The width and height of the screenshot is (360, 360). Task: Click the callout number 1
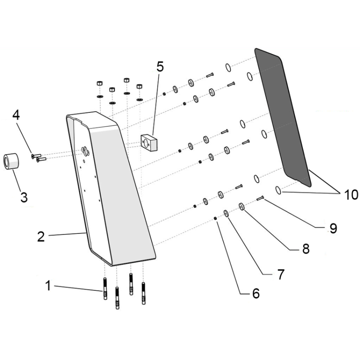point(48,286)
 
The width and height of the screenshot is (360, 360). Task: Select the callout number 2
point(41,237)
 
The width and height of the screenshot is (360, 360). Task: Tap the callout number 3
point(24,197)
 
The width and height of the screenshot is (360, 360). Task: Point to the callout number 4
point(16,115)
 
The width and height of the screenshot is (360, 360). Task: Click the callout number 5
point(160,67)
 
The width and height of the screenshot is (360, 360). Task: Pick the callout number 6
point(256,293)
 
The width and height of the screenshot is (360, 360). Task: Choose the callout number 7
point(281,274)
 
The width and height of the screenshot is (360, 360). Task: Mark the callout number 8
point(306,248)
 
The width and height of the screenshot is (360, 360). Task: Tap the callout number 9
point(333,228)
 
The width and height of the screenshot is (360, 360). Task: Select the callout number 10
point(351,195)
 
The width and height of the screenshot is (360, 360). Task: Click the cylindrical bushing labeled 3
point(11,162)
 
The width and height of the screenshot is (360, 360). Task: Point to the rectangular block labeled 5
point(149,143)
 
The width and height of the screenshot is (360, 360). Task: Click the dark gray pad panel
point(283,117)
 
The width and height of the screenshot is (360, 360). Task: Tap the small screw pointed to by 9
point(261,198)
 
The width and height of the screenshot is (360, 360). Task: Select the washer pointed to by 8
point(242,207)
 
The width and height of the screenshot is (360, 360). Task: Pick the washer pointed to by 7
point(226,213)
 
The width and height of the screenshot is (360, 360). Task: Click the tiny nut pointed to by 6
point(216,218)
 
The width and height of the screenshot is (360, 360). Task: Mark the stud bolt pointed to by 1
point(105,288)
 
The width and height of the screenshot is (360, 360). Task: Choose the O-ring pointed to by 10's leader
point(278,190)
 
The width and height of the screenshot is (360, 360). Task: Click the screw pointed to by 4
point(36,156)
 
